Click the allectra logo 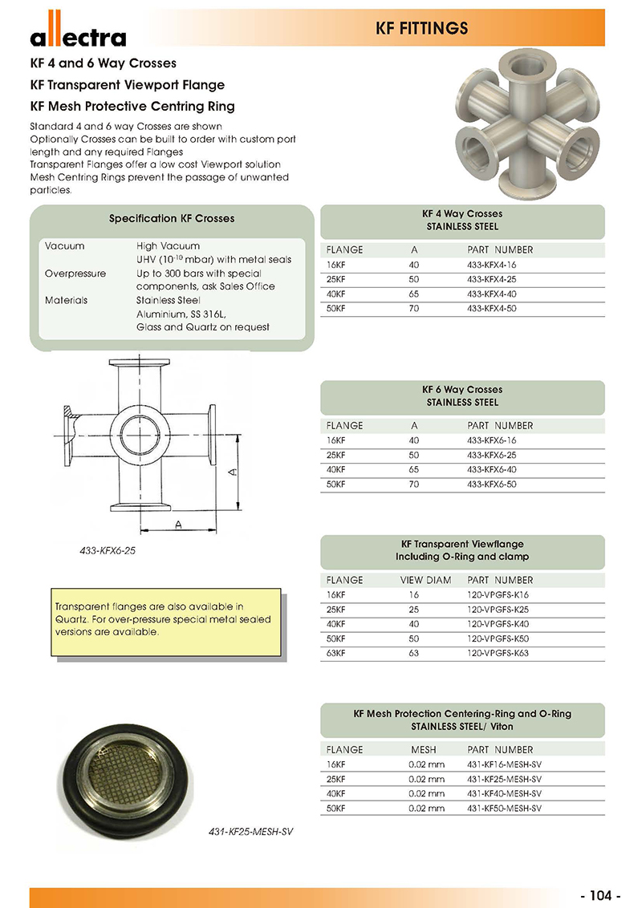tap(78, 33)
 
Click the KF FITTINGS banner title tap(421, 29)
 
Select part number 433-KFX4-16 tap(491, 264)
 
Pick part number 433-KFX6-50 tap(491, 484)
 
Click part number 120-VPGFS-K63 tap(498, 653)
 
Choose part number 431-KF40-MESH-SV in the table tap(504, 793)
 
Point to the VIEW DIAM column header tap(425, 580)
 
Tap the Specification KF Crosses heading tap(172, 218)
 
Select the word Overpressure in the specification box tap(75, 274)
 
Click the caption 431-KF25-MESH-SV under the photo tap(245, 833)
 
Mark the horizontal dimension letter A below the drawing tap(179, 524)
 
